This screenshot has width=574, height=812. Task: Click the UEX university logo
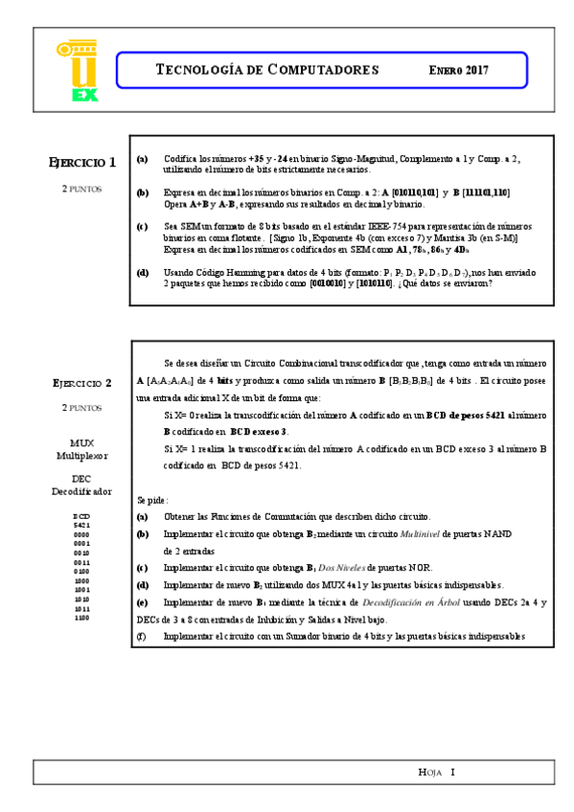pos(77,70)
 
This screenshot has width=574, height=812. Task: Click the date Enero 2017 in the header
pos(458,71)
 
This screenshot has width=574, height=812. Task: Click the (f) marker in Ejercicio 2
pos(142,636)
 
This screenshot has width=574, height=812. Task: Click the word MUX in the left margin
pos(82,442)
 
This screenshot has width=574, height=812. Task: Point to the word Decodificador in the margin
pos(82,491)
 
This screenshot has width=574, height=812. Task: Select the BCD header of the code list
pos(81,516)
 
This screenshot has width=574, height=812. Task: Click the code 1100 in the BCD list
pos(81,618)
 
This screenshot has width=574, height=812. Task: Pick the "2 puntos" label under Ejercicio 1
pos(82,189)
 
